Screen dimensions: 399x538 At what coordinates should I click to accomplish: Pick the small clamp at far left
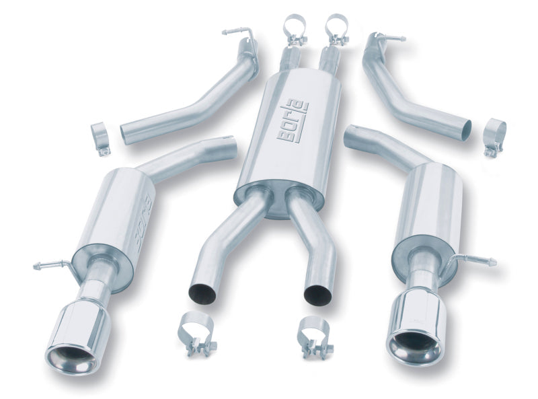101,137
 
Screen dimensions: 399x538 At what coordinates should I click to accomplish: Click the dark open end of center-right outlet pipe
316,293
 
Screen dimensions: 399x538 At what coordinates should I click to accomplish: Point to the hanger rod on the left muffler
52,265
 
